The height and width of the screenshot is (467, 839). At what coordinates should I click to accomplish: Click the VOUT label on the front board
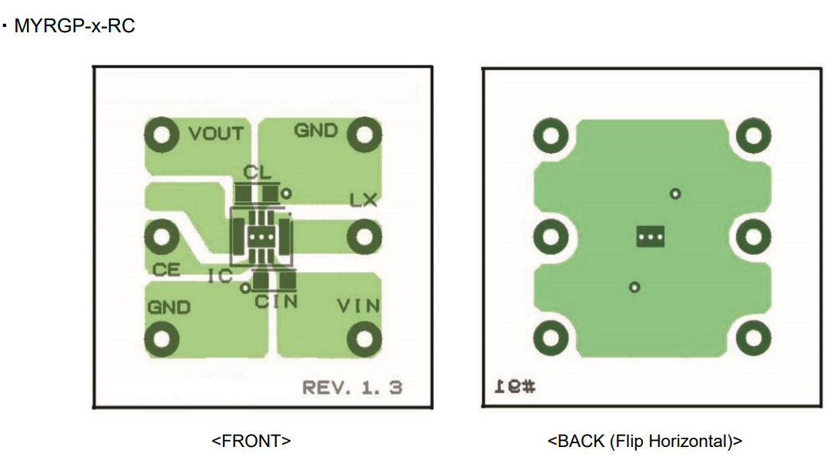tap(216, 133)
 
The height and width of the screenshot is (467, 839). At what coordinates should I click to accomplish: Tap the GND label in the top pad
tap(315, 130)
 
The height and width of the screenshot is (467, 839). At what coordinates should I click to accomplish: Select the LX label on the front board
tap(363, 201)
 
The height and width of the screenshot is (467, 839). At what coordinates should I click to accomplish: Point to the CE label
tap(166, 269)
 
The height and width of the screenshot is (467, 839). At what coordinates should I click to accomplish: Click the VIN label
tap(358, 306)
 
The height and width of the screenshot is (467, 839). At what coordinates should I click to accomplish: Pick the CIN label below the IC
tap(276, 302)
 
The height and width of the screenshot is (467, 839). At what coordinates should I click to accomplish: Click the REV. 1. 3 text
tap(351, 387)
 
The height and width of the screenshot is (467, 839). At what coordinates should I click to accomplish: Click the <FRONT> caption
tap(251, 441)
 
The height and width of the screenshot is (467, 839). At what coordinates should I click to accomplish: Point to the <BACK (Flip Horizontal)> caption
tap(644, 441)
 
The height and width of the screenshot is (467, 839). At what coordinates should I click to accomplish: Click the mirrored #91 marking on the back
tap(514, 386)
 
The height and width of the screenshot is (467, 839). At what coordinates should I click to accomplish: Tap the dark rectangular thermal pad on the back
tap(651, 237)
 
